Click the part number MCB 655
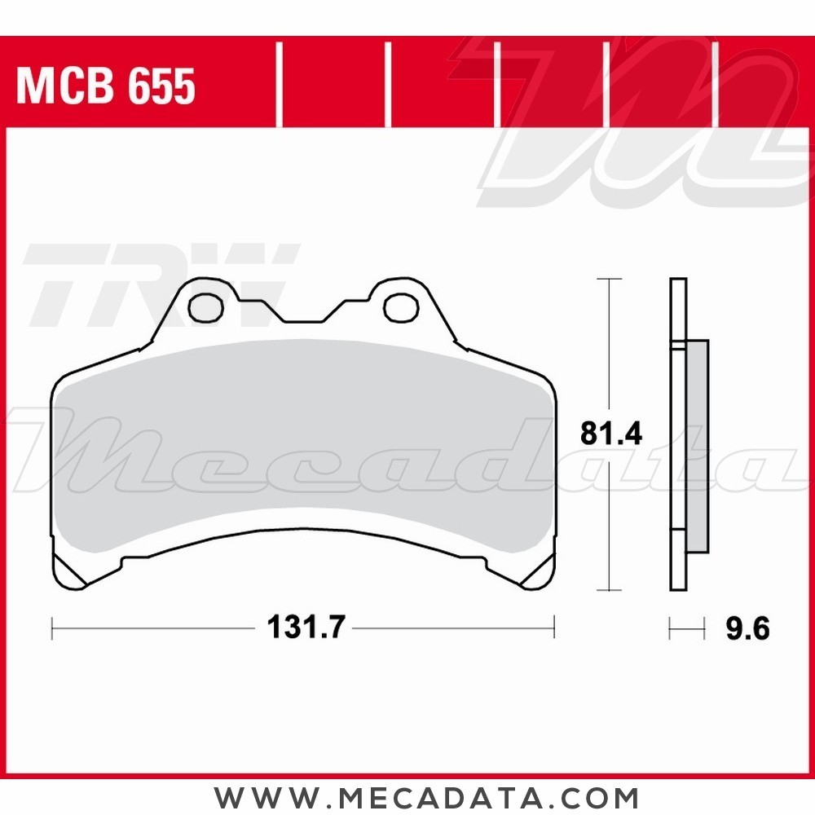tap(106, 86)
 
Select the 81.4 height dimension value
tap(611, 434)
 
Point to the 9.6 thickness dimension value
tap(746, 628)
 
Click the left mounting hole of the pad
tap(205, 307)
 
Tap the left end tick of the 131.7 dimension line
tap(52, 628)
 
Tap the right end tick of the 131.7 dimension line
tap(554, 628)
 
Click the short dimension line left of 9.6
tap(686, 628)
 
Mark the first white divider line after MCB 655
tap(280, 86)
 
